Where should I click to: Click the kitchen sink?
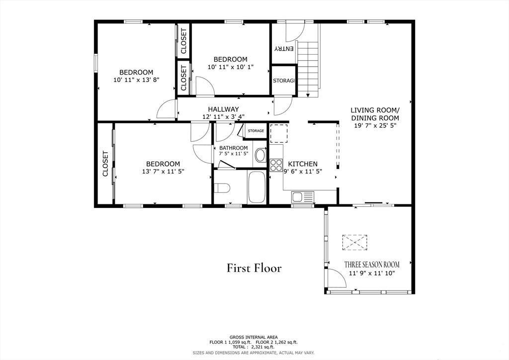click(303, 197)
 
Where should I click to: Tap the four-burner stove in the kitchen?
click(276, 165)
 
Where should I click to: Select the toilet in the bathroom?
click(222, 187)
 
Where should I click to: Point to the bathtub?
click(257, 187)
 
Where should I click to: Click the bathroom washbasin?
click(260, 156)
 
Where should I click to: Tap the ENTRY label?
click(284, 49)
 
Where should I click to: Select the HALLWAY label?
click(223, 109)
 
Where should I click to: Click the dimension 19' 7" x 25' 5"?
click(375, 126)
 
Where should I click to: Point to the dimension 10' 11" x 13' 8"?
click(136, 80)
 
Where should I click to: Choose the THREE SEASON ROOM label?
click(372, 265)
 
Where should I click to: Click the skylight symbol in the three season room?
click(354, 242)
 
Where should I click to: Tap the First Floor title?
click(254, 268)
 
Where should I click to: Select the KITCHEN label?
click(303, 164)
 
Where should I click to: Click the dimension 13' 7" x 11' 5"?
click(163, 172)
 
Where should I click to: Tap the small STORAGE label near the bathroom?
click(256, 131)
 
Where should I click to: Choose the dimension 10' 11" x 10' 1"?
click(231, 67)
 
